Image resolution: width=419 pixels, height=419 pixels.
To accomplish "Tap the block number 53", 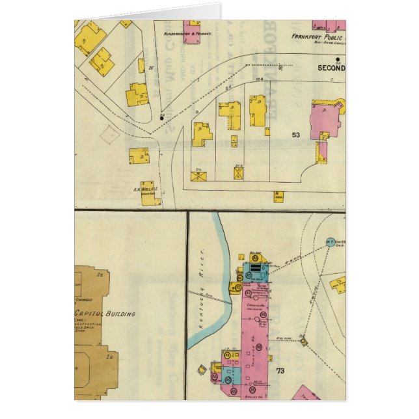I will point(296,135).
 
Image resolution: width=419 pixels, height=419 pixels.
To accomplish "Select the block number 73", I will point(280,371).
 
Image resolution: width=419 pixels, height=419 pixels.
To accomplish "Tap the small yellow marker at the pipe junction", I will point(303,340).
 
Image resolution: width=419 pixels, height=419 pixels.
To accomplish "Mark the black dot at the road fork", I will point(161,118).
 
